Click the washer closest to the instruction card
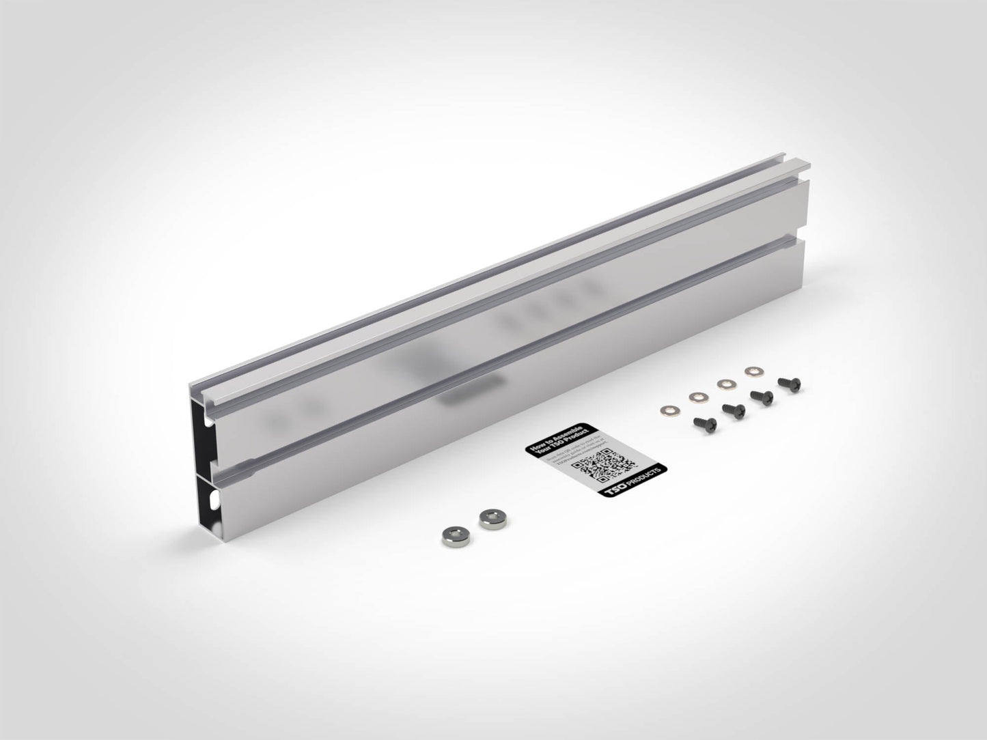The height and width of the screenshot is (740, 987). pyautogui.click(x=667, y=410)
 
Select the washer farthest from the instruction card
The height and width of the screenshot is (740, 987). pyautogui.click(x=752, y=371)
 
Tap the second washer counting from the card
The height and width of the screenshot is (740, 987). pyautogui.click(x=697, y=396)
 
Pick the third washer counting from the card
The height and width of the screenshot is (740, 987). pyautogui.click(x=724, y=384)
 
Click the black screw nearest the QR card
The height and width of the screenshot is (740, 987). pyautogui.click(x=701, y=423)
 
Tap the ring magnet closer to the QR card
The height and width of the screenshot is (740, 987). pyautogui.click(x=489, y=519)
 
